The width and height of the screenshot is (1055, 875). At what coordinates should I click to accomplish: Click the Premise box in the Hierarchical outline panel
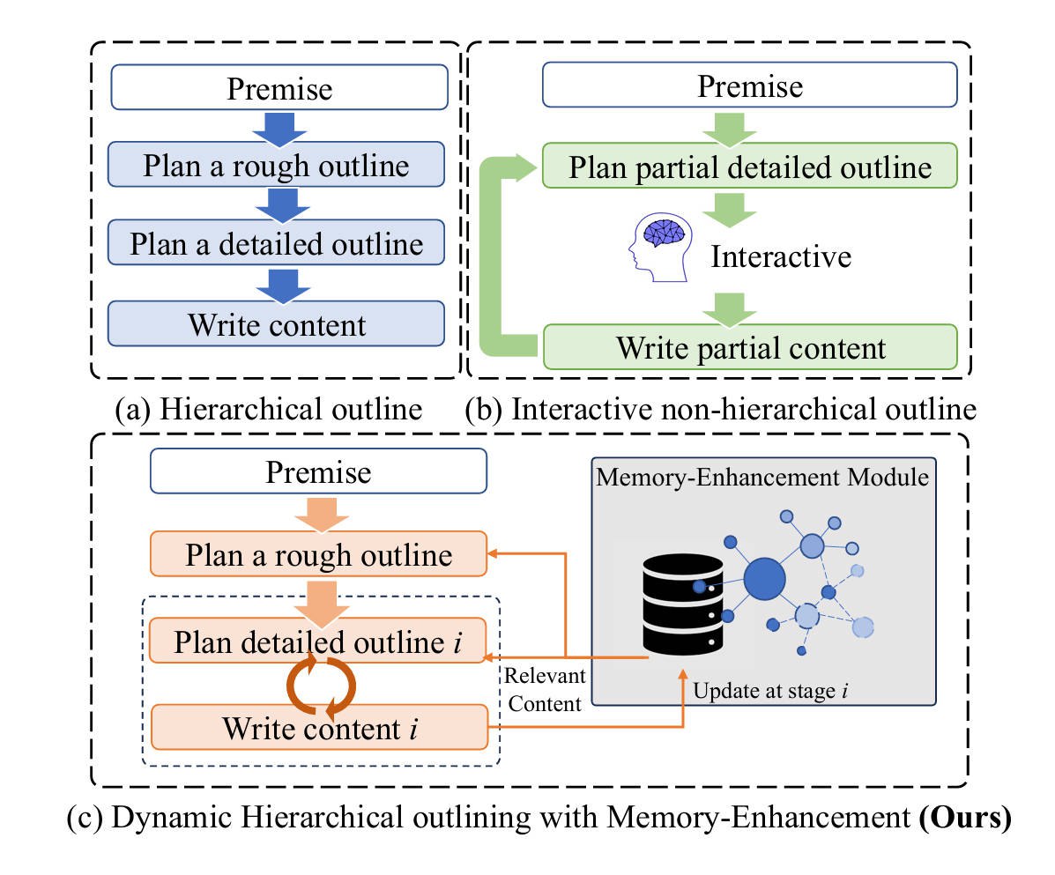pyautogui.click(x=279, y=89)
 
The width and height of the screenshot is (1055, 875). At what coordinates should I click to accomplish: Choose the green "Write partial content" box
pyautogui.click(x=750, y=346)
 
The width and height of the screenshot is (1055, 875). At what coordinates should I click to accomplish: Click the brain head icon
pyautogui.click(x=657, y=249)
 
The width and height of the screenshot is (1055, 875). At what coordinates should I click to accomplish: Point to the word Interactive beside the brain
pyautogui.click(x=781, y=256)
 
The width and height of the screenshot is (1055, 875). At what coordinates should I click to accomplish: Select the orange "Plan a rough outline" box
pyautogui.click(x=319, y=555)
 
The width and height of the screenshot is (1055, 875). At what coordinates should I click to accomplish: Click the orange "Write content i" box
pyautogui.click(x=319, y=728)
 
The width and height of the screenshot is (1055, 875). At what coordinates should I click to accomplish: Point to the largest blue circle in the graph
pyautogui.click(x=763, y=579)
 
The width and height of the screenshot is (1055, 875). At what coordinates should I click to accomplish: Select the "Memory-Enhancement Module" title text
pyautogui.click(x=762, y=477)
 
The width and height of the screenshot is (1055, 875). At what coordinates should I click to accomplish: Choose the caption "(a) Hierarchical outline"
pyautogui.click(x=269, y=410)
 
